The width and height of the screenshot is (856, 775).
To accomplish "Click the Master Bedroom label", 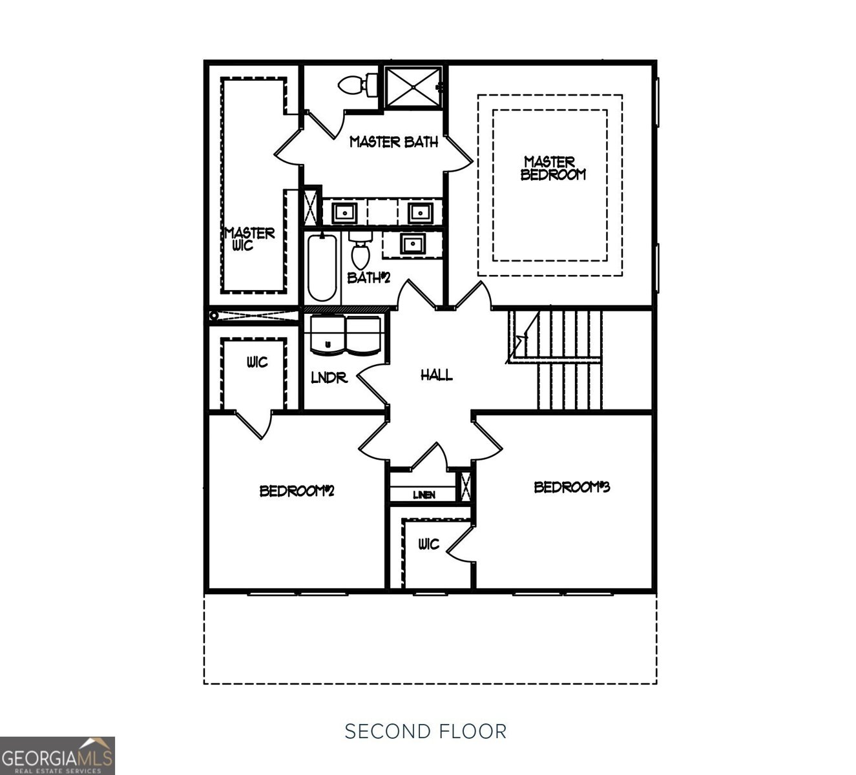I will [x=553, y=168].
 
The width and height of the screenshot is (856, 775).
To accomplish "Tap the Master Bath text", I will [x=393, y=141].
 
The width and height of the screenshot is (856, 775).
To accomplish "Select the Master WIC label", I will [x=249, y=239].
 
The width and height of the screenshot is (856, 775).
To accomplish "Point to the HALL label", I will [x=437, y=375].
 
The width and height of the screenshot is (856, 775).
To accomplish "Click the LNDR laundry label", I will [x=329, y=378].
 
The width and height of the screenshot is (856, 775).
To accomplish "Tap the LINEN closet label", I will [x=424, y=495].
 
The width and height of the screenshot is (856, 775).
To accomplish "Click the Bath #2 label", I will [x=369, y=278].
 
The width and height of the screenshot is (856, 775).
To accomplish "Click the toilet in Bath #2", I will [x=360, y=249].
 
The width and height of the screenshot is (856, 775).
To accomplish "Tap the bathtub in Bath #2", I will [x=322, y=268].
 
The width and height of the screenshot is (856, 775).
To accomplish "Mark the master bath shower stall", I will [x=413, y=87].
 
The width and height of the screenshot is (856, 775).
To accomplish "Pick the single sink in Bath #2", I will [x=412, y=244].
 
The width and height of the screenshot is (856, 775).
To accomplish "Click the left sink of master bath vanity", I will [x=344, y=211].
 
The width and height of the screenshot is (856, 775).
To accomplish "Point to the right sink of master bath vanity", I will [x=420, y=211].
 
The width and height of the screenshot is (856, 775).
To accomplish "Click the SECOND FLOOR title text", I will [x=426, y=731].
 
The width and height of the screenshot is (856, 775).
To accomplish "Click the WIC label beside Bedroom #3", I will [x=428, y=544].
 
